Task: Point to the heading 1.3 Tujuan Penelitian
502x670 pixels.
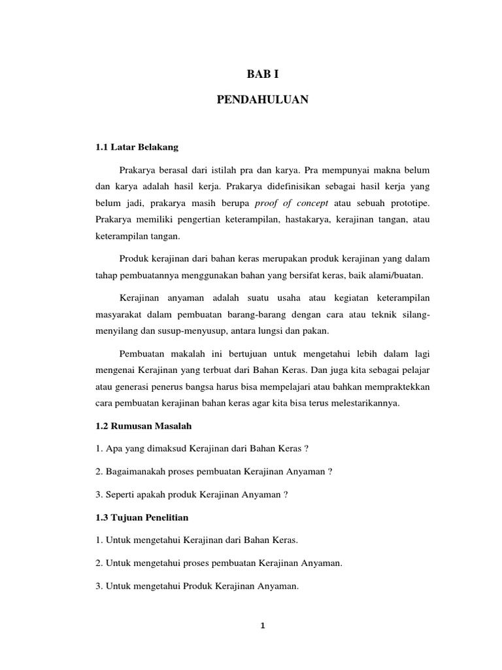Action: point(142,518)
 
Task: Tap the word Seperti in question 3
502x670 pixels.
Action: point(119,495)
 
